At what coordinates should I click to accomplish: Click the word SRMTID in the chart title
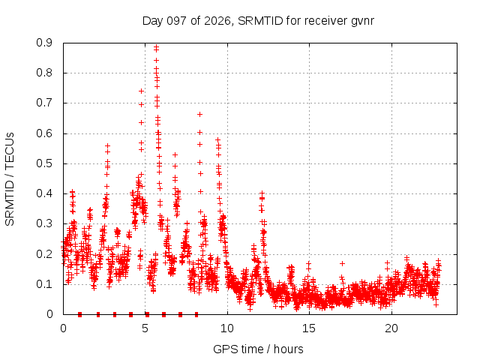coord(260,21)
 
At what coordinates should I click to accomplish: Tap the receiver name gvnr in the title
coord(362,22)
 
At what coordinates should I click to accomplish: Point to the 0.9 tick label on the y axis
coord(44,43)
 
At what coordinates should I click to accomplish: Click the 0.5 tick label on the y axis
coord(44,163)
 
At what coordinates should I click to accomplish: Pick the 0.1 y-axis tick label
coord(44,284)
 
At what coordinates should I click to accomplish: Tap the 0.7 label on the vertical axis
coord(44,103)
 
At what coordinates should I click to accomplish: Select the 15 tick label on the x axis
coord(309,328)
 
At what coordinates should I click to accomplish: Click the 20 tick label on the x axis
coord(391,328)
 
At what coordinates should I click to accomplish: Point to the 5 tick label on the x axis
coord(145,328)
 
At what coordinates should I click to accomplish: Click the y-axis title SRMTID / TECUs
coord(10,179)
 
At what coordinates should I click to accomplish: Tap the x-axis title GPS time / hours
coord(258,349)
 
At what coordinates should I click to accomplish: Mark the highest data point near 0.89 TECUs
coord(157,47)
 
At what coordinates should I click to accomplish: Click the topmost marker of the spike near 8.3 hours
coord(200,114)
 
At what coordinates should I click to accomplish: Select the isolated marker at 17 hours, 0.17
coord(342,263)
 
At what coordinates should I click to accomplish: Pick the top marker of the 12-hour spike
coord(262,193)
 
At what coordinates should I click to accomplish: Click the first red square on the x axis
coord(80,314)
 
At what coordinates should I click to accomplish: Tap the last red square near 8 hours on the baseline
coord(196,314)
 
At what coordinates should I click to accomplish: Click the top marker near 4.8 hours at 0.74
coord(142,91)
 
